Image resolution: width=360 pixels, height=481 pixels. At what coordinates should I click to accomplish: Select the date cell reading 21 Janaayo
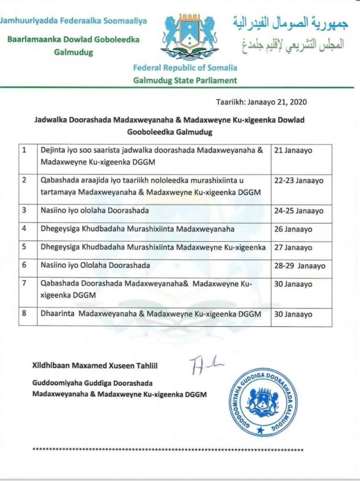(x=293, y=151)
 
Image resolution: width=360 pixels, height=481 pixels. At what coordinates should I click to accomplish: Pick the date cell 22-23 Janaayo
(x=299, y=181)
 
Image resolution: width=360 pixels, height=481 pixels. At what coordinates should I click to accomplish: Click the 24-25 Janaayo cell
(x=299, y=211)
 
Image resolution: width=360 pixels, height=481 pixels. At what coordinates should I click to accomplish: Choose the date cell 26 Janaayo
(x=293, y=229)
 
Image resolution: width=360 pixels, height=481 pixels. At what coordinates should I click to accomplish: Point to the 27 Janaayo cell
(x=293, y=248)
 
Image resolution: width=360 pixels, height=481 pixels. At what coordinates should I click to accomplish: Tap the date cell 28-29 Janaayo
(x=299, y=266)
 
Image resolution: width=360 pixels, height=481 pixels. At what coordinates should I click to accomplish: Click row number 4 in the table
(x=25, y=229)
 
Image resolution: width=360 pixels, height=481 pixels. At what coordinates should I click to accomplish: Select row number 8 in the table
(x=25, y=314)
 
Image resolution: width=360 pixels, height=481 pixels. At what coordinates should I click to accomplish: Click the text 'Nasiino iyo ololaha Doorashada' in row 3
(x=95, y=211)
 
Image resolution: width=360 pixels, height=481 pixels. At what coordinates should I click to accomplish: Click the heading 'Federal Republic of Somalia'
(x=185, y=68)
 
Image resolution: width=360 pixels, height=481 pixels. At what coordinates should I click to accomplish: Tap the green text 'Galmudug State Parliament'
(x=185, y=81)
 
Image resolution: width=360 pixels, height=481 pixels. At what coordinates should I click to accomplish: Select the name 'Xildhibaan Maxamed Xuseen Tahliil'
(x=95, y=366)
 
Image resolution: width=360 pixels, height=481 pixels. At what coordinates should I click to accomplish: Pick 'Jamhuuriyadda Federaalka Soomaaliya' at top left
(x=73, y=21)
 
